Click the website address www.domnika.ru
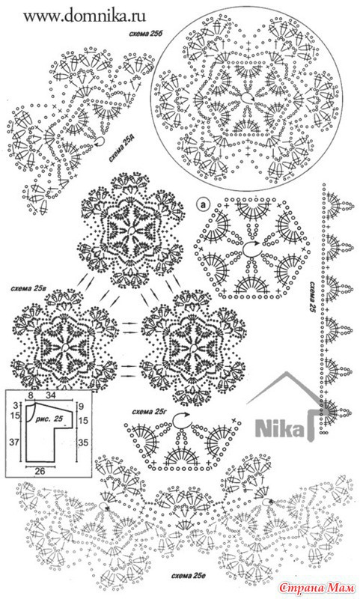pos(85,16)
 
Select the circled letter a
pos(203,204)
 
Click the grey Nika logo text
pos(280,428)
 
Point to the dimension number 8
pos(31,394)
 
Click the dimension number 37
pos(14,442)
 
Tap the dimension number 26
pos(40,471)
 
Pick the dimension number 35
pos(83,443)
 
